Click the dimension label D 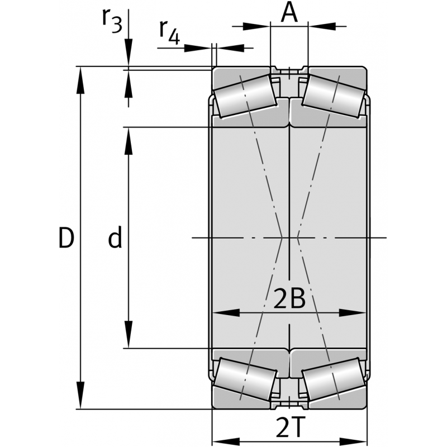[66, 237]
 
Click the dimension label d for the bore [115, 236]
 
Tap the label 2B [289, 298]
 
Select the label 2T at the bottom [289, 427]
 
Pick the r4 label [169, 32]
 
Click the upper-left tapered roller [245, 96]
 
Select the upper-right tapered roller [334, 96]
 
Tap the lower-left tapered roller [245, 379]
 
